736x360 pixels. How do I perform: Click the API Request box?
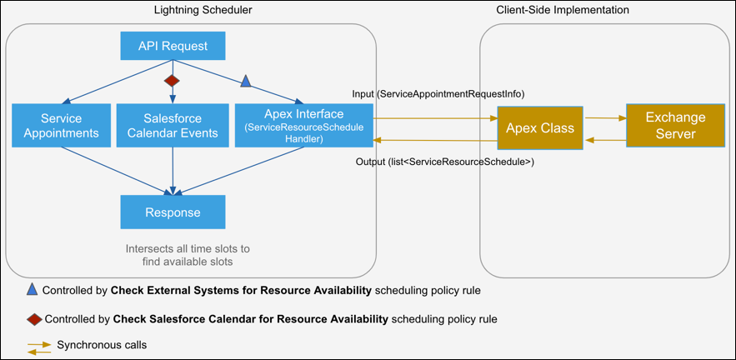[x=173, y=46]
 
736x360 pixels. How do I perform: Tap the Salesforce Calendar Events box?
[x=173, y=125]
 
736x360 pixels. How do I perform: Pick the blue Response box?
[x=173, y=212]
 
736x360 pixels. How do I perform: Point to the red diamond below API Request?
[x=172, y=81]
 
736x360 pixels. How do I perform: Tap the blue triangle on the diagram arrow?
[x=245, y=81]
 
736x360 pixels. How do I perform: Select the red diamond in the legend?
[x=34, y=318]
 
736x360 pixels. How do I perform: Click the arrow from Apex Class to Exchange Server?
[x=605, y=119]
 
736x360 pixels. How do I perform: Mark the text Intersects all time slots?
[x=187, y=248]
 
